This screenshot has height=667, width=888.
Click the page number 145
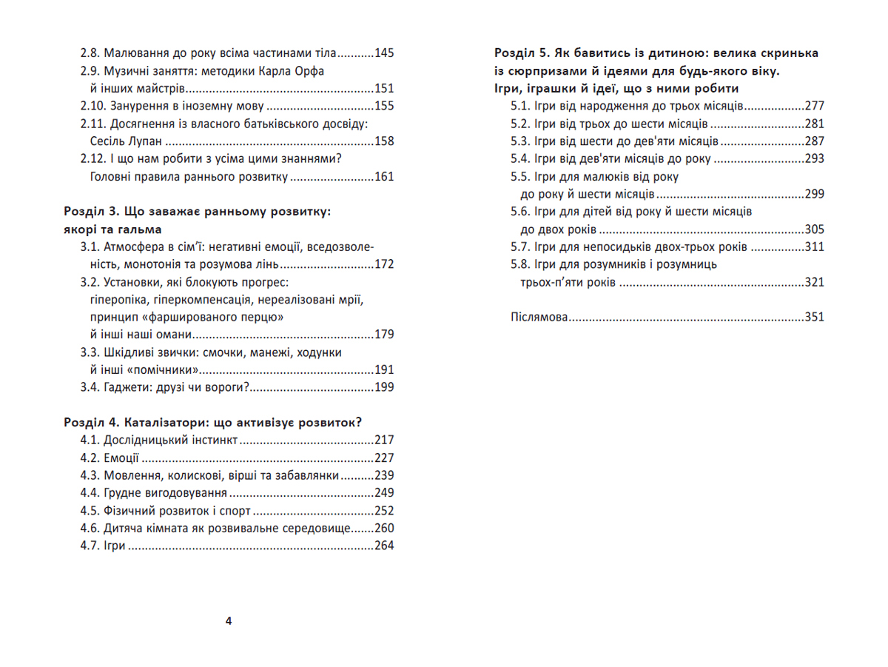(385, 53)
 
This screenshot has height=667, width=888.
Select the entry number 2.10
(95, 106)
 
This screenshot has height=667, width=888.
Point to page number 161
(385, 176)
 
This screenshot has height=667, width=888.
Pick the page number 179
(385, 335)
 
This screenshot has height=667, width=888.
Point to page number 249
(385, 493)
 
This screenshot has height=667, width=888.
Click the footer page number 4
(228, 621)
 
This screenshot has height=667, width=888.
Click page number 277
(814, 106)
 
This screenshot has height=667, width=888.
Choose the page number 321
(814, 282)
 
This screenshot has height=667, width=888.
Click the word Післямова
(539, 318)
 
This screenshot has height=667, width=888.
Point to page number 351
(814, 318)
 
